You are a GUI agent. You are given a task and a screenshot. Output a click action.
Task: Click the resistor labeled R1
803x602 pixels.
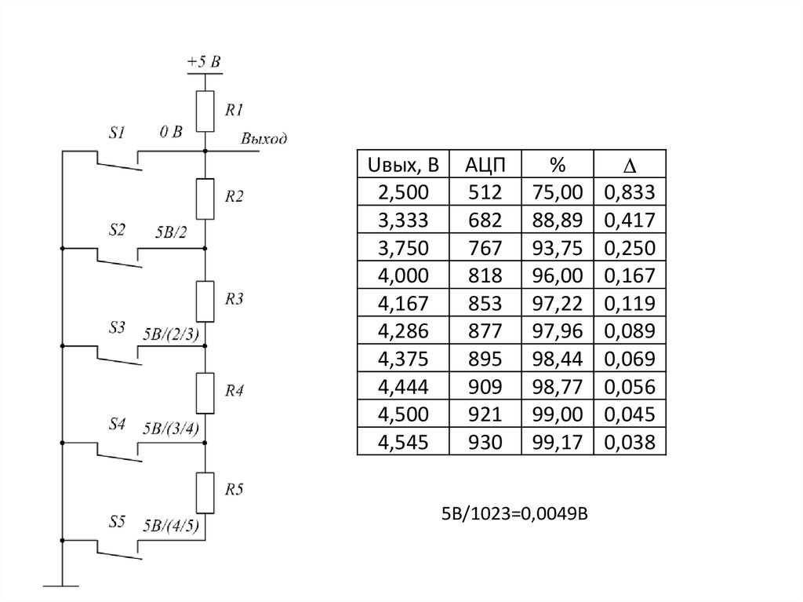[205, 111]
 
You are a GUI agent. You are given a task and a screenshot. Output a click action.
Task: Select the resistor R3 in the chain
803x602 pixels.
[205, 301]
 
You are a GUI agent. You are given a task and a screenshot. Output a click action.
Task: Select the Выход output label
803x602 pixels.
[263, 139]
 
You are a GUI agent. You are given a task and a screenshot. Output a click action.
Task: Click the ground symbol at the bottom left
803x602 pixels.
[60, 585]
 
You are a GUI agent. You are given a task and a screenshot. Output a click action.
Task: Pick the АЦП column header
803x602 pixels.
[485, 164]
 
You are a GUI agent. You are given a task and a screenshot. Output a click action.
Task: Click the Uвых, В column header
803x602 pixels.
[402, 164]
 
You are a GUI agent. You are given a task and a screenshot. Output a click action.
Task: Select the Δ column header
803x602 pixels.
[629, 164]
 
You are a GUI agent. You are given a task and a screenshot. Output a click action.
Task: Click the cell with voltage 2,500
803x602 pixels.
[402, 192]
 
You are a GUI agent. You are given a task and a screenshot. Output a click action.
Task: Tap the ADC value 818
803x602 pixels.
[485, 275]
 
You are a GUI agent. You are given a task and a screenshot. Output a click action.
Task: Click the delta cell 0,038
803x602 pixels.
[629, 442]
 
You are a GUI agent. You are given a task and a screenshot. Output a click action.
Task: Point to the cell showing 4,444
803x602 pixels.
[402, 386]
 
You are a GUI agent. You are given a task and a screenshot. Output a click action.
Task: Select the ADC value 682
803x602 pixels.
[485, 219]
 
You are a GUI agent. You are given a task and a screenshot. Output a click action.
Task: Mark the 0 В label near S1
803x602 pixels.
[170, 133]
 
